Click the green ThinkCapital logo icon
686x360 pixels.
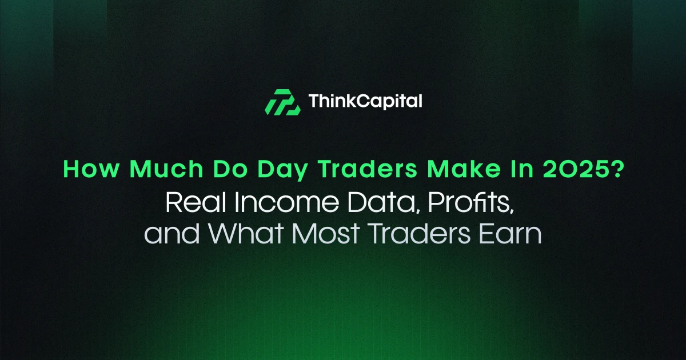[282, 102]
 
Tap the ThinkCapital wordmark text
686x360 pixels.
[365, 101]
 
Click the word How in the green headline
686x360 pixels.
[91, 169]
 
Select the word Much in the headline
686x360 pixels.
[166, 169]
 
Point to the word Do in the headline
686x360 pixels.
[230, 169]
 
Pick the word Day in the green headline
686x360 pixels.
[282, 170]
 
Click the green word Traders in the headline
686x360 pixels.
[368, 169]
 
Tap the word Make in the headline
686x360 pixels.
[464, 169]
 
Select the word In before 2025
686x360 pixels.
[522, 169]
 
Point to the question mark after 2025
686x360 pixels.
[617, 169]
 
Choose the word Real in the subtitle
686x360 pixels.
[196, 202]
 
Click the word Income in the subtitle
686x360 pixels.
[287, 203]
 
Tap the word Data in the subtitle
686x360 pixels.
[384, 203]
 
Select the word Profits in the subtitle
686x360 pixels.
[470, 203]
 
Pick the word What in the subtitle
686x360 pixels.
[246, 234]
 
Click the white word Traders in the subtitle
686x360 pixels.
[418, 234]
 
